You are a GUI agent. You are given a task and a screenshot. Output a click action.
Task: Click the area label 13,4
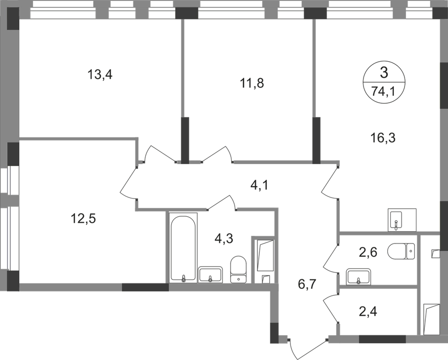tap(100, 75)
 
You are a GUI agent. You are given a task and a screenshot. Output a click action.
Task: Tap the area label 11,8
tap(251, 83)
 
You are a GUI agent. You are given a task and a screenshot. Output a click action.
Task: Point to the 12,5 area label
tap(83, 219)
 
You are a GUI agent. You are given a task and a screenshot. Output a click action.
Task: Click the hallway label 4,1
tap(259, 186)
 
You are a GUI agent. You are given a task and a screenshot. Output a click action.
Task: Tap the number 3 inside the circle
tap(384, 73)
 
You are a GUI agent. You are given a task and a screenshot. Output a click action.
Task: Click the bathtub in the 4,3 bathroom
tap(183, 248)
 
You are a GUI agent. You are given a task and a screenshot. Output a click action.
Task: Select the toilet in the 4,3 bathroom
tap(238, 269)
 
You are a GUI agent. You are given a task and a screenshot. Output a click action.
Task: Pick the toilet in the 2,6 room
tap(401, 251)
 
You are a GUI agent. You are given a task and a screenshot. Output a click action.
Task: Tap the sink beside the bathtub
tap(210, 275)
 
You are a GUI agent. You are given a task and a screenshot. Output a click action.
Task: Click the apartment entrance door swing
tap(307, 349)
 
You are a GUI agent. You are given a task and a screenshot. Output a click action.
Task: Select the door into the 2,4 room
tap(331, 310)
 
